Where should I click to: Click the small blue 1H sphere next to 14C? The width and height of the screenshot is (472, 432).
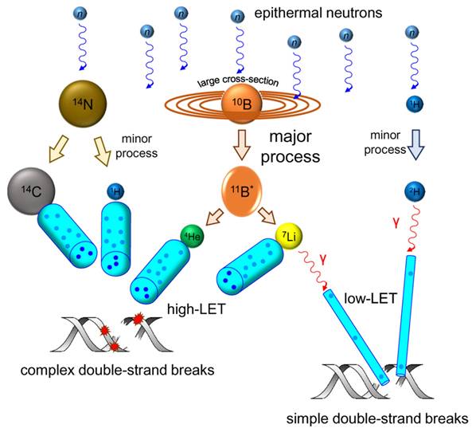(x=115, y=192)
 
